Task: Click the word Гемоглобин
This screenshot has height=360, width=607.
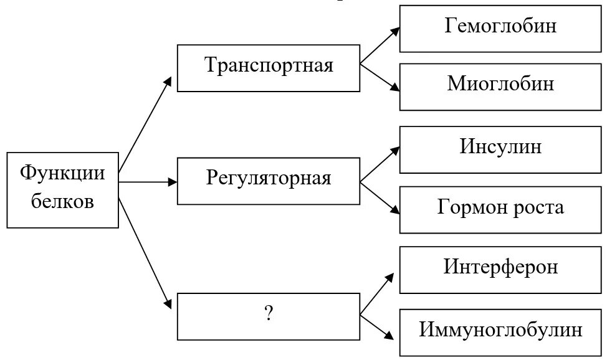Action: [x=500, y=26]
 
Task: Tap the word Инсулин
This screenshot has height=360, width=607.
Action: [x=500, y=147]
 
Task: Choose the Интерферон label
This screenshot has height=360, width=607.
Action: [x=500, y=267]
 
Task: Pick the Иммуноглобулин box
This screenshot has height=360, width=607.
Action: [x=500, y=329]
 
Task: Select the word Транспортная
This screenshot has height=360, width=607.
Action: [x=269, y=65]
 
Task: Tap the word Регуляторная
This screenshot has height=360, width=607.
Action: [x=269, y=179]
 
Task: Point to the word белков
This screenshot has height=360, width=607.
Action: [x=62, y=201]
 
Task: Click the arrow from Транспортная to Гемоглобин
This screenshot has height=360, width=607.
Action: [x=380, y=46]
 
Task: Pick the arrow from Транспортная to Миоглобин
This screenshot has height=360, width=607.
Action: [x=380, y=77]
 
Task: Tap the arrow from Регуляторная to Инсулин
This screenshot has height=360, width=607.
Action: [x=380, y=164]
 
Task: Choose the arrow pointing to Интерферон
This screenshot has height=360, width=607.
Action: [x=378, y=292]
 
